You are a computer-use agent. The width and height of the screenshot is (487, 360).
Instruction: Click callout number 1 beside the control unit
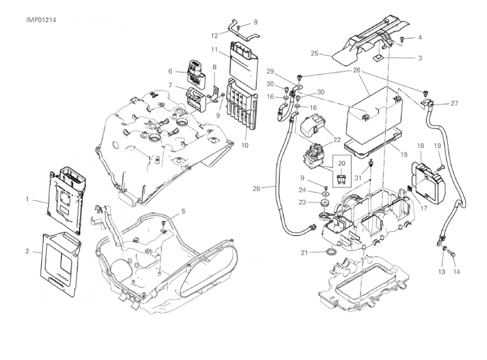coord(27,199)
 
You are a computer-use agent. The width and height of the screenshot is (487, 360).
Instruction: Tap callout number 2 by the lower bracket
coord(27,252)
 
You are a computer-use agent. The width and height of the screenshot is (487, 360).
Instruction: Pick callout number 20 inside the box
coord(342,163)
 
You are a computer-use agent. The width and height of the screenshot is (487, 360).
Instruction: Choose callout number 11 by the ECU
coord(215,49)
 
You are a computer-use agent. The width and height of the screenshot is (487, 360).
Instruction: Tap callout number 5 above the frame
coord(183,211)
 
